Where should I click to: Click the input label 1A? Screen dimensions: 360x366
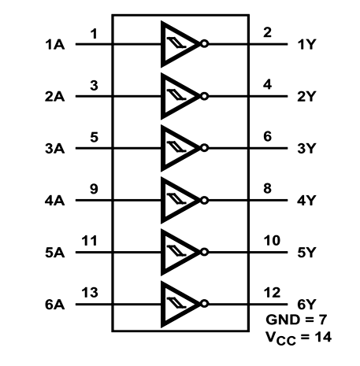coord(55,44)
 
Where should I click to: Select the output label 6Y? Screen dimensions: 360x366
coord(306,305)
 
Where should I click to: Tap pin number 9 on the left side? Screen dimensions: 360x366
coord(94,189)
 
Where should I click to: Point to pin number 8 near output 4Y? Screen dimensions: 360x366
coord(267,188)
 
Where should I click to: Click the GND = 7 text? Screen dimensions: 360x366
coord(296,320)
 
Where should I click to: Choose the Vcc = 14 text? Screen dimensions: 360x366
coord(299,338)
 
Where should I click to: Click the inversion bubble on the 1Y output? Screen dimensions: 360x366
coord(205,44)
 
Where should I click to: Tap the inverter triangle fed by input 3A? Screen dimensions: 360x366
coord(179,148)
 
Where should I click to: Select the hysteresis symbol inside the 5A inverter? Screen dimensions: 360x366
coord(176,251)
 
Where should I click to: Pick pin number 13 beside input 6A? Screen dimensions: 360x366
coord(90,293)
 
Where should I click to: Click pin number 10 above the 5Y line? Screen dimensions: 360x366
coord(272,240)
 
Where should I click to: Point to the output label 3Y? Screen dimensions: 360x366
coord(306,148)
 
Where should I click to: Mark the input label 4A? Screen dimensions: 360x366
coord(54,201)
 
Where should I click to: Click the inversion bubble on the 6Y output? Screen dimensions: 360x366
coord(205,304)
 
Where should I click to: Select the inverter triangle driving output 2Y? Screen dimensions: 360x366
coord(179,96)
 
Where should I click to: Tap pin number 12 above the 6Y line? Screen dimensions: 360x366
coord(272,293)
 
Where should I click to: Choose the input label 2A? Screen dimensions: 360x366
coord(54,97)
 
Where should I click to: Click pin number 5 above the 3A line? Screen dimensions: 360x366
coord(94,137)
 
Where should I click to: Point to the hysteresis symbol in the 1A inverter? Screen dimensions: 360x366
coord(176,43)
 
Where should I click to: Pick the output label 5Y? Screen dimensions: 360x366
coord(306,253)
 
